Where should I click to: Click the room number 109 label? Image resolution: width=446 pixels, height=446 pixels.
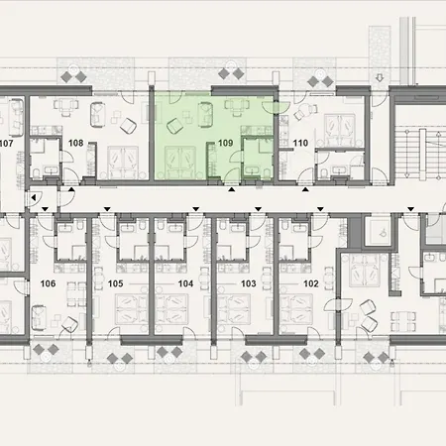pyautogui.click(x=225, y=144)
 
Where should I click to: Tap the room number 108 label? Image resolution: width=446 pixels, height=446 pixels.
pyautogui.click(x=73, y=142)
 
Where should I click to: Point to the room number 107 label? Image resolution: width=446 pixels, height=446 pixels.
pyautogui.click(x=6, y=142)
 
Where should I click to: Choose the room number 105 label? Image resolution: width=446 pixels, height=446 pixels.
pyautogui.click(x=115, y=282)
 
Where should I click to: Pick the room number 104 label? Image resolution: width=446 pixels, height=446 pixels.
pyautogui.click(x=185, y=282)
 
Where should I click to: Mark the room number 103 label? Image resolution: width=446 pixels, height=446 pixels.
pyautogui.click(x=248, y=282)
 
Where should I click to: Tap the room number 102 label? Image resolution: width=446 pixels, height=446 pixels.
pyautogui.click(x=311, y=282)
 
